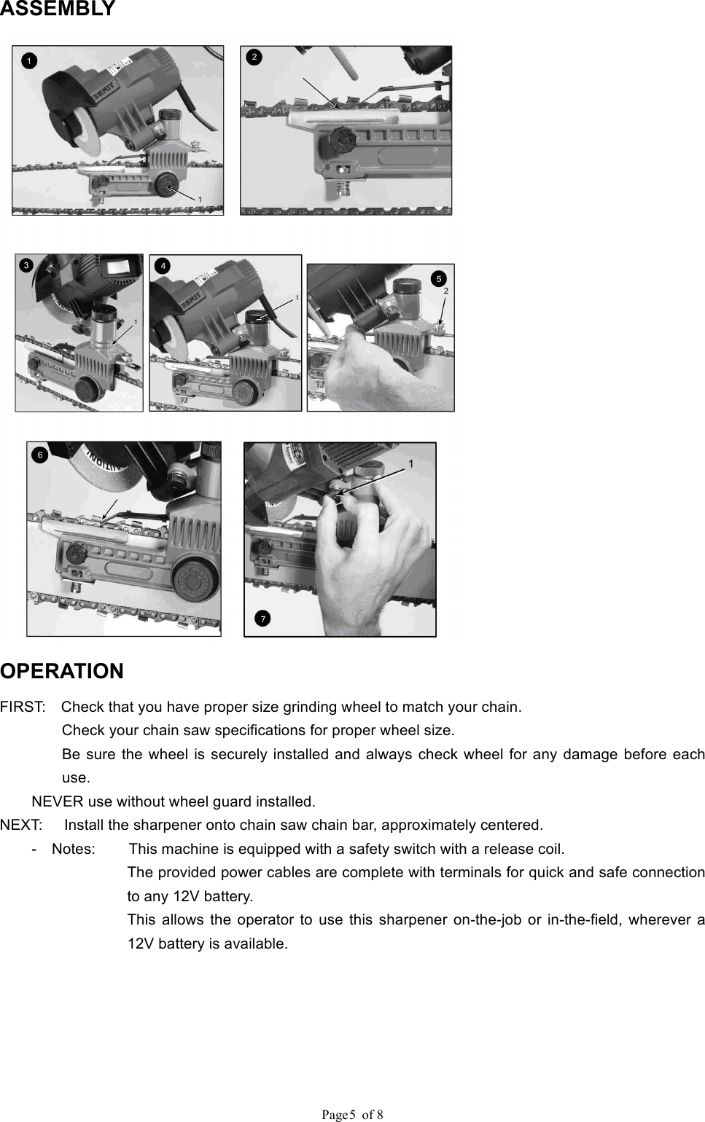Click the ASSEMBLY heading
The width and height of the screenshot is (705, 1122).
[x=58, y=9]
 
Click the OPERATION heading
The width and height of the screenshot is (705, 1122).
[x=62, y=671]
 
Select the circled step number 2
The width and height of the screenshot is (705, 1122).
[x=254, y=57]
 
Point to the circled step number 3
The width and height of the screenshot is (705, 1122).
[x=26, y=265]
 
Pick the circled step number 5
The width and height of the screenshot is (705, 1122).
[x=437, y=278]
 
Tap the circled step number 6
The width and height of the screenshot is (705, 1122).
[x=41, y=455]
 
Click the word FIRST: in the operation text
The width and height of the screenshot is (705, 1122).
[x=23, y=707]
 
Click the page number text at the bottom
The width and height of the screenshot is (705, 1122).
[x=353, y=1114]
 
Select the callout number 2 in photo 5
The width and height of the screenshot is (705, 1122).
[x=445, y=291]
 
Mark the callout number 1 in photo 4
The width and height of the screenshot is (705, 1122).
[x=297, y=298]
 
